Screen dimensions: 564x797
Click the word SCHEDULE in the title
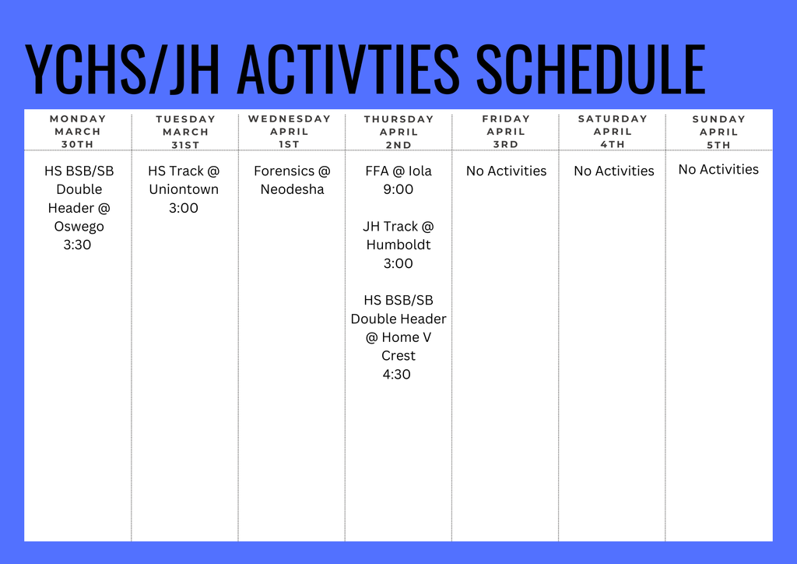click(590, 69)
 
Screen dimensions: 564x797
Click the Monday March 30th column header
click(78, 132)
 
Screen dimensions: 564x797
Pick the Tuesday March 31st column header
click(185, 132)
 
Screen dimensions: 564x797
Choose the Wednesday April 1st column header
click(290, 132)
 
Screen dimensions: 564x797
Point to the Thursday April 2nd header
click(398, 132)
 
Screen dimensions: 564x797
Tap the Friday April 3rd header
click(506, 132)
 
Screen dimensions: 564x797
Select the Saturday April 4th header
click(613, 132)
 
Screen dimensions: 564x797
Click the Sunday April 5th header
click(718, 132)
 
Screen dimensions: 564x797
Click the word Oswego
click(79, 227)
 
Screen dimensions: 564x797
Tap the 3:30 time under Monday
click(78, 245)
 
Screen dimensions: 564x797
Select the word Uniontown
click(184, 189)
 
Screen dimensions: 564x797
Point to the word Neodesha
click(292, 189)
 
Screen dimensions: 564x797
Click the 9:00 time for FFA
click(398, 189)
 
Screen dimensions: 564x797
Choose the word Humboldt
click(398, 245)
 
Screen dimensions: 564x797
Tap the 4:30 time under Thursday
click(397, 375)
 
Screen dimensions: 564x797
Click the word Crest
click(398, 356)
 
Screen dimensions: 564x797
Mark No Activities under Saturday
click(614, 171)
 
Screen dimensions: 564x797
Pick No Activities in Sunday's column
click(718, 170)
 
